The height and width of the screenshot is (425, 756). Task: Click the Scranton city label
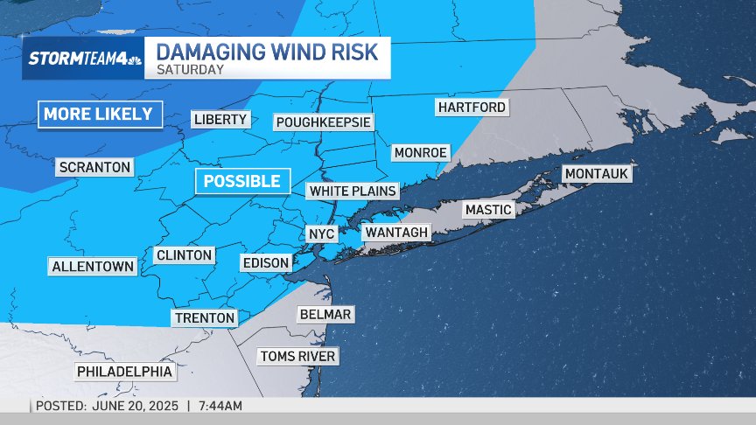(94, 167)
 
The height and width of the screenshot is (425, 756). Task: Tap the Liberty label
(221, 120)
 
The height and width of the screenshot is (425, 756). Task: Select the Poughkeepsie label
(324, 122)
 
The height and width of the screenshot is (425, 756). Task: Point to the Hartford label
(472, 107)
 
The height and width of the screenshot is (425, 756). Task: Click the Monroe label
(420, 152)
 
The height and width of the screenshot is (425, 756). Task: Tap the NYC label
(322, 233)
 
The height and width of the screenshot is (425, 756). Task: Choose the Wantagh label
(396, 232)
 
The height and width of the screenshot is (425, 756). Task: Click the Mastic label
(488, 210)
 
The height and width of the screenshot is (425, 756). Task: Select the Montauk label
(597, 174)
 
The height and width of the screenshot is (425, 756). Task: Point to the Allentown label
(93, 266)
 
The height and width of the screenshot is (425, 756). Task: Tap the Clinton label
(184, 255)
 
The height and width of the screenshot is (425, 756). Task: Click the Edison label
(266, 261)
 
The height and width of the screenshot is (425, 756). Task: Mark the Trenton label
(205, 318)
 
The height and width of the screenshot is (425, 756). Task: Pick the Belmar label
(325, 314)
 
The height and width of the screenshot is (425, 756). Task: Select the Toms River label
(297, 356)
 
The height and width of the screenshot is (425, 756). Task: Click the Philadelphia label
(124, 372)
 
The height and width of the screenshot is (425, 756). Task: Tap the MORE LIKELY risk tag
(98, 114)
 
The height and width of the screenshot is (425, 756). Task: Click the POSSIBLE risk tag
(242, 181)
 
